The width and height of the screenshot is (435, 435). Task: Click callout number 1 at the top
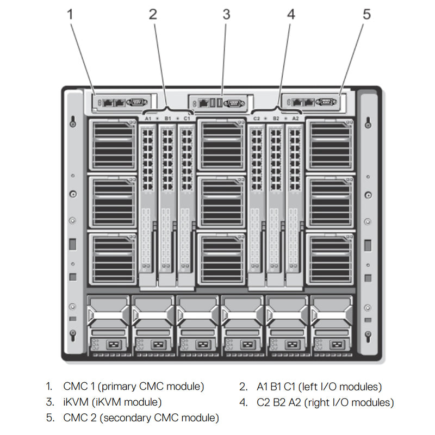click(x=70, y=15)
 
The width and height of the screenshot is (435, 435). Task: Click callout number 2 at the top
click(x=153, y=15)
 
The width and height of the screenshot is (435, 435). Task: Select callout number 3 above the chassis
click(x=226, y=15)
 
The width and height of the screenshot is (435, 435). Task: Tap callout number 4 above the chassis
click(x=291, y=15)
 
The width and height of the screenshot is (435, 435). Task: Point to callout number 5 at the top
click(x=366, y=15)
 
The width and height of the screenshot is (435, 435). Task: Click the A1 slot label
click(x=148, y=117)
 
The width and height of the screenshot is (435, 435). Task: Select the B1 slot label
click(x=167, y=117)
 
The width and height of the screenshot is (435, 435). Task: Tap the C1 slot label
click(x=187, y=117)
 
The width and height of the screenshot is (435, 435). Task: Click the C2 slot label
click(x=257, y=117)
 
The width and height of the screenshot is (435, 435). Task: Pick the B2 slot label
click(x=276, y=117)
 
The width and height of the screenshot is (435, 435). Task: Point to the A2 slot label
click(x=295, y=117)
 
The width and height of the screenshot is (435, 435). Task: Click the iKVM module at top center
click(x=217, y=102)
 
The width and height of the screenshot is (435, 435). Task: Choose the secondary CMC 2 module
click(x=313, y=102)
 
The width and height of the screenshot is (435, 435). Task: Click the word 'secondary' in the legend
click(x=124, y=418)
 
